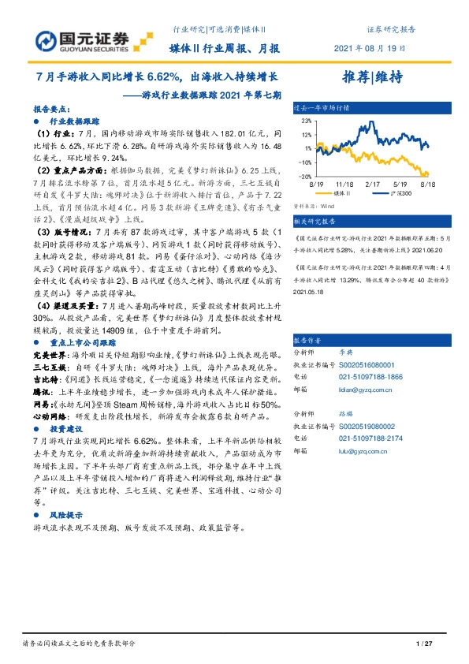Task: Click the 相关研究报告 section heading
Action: pyautogui.click(x=315, y=222)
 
